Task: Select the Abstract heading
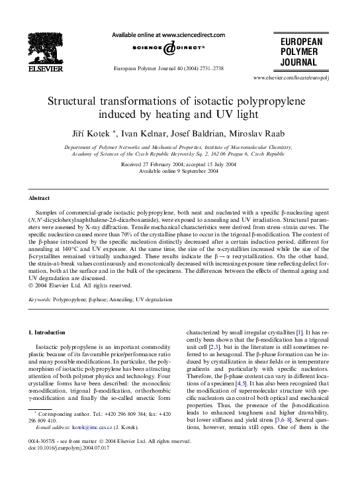click(39, 198)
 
